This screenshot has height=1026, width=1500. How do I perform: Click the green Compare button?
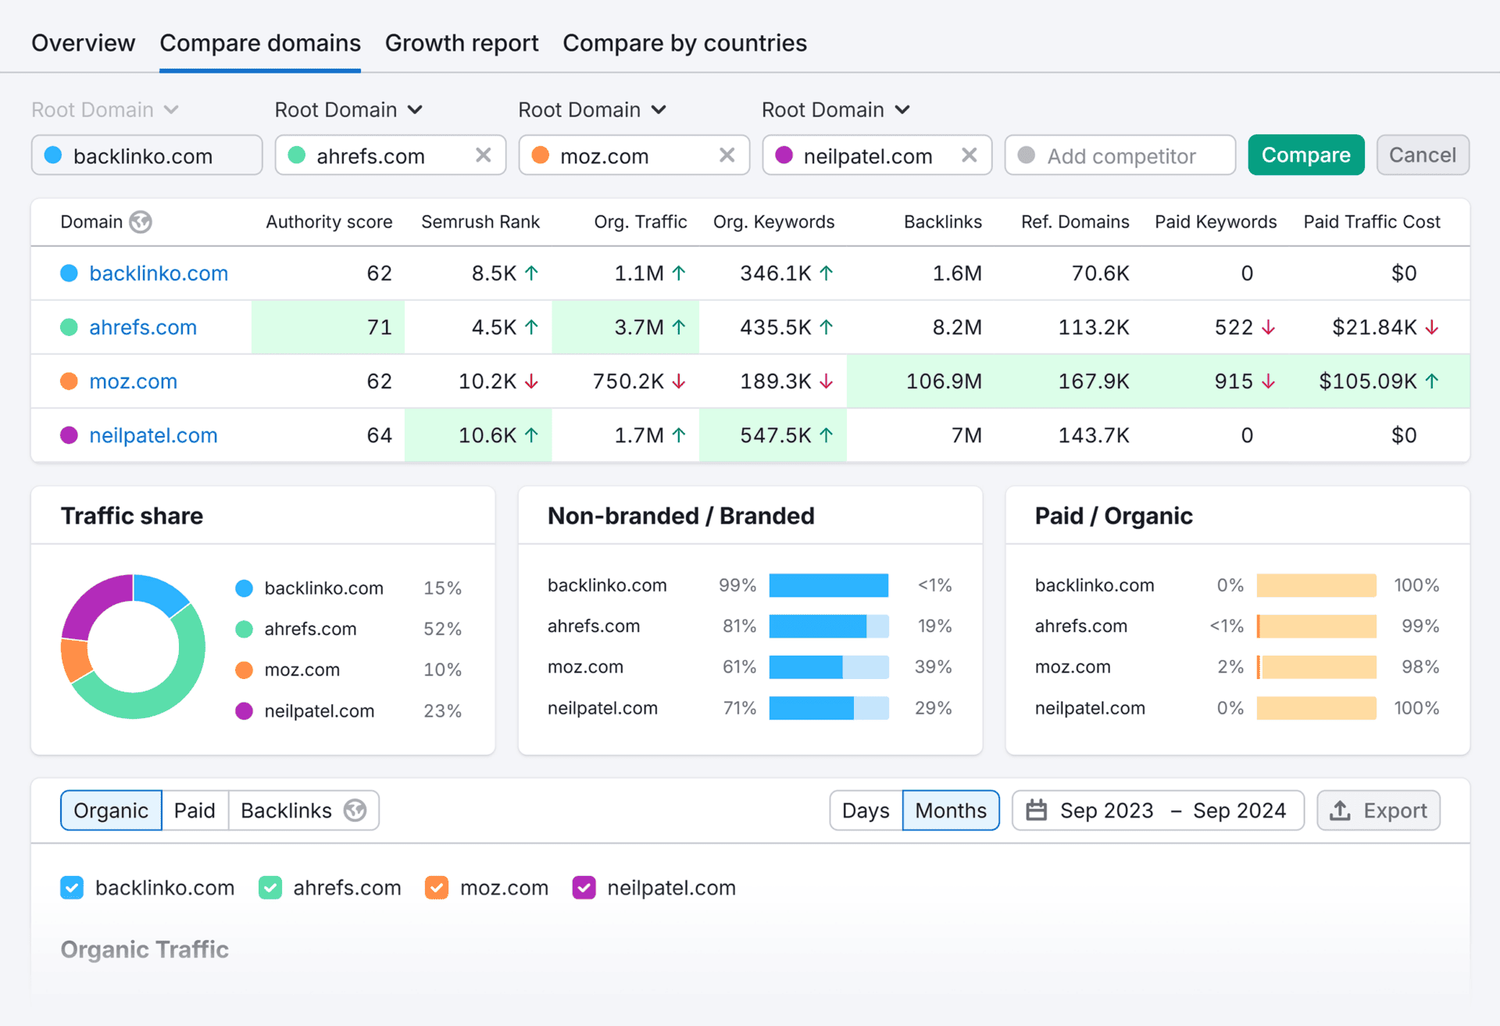click(x=1305, y=156)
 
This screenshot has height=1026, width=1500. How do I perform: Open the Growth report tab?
click(x=461, y=43)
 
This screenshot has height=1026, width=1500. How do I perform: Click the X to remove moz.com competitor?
click(x=727, y=156)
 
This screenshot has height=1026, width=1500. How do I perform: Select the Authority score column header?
click(x=328, y=222)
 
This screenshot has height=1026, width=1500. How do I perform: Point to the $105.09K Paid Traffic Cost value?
click(x=1367, y=381)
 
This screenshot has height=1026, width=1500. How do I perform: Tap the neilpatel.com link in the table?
click(x=153, y=435)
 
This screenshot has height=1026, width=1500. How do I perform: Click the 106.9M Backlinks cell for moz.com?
click(x=943, y=381)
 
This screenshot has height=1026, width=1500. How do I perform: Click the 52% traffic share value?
click(x=442, y=629)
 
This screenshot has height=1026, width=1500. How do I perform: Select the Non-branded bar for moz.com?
click(x=805, y=667)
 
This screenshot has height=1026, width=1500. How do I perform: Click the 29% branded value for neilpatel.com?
click(x=933, y=708)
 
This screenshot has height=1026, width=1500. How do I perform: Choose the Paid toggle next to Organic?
click(x=195, y=810)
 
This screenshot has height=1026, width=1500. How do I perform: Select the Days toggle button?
click(x=865, y=810)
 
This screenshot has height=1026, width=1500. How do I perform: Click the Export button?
click(x=1378, y=810)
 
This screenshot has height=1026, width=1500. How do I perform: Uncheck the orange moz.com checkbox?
click(x=436, y=888)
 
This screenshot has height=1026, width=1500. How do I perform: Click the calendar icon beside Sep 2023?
click(x=1036, y=810)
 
